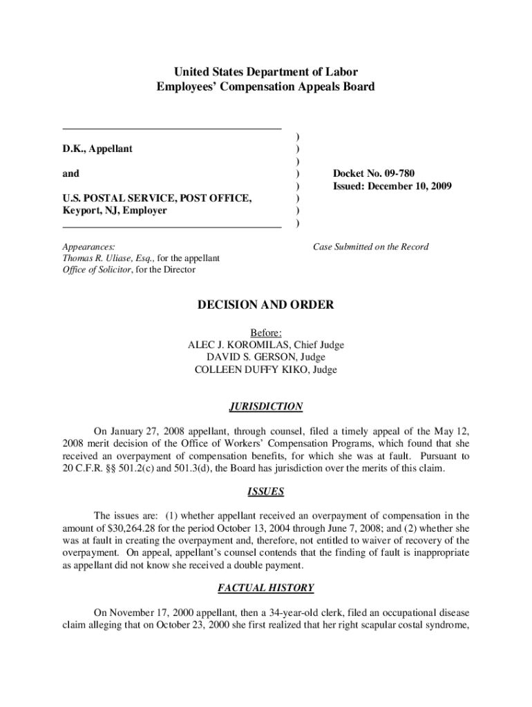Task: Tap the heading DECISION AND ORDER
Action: (x=266, y=304)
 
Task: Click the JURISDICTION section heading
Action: (x=266, y=407)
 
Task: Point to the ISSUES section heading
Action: (x=266, y=492)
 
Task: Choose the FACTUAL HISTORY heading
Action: (x=266, y=588)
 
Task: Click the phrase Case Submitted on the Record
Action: (x=370, y=246)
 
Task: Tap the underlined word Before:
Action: (x=266, y=333)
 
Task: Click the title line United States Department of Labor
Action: (x=266, y=72)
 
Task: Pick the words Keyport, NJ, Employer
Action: (x=114, y=211)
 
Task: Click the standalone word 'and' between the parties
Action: (x=70, y=173)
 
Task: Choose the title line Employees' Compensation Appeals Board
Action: (x=266, y=87)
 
